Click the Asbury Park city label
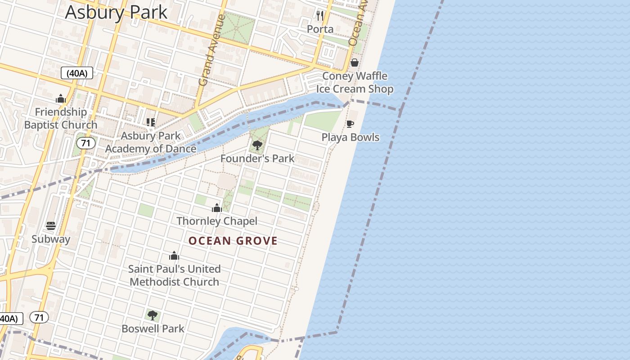(116, 12)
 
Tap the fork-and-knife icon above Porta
(320, 16)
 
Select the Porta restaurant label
(320, 29)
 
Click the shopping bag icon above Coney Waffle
(355, 63)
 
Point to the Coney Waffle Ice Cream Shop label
(355, 82)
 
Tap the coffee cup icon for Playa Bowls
(350, 124)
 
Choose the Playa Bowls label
(350, 137)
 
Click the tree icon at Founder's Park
(257, 145)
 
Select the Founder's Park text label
(257, 158)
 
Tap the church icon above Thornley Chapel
(217, 208)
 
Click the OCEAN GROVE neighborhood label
(233, 241)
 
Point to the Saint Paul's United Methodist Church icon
(174, 256)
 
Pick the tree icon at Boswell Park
(153, 315)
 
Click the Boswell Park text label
(153, 328)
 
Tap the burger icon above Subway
(51, 226)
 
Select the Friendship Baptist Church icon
(61, 99)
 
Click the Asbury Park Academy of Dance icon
(151, 122)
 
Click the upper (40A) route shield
(77, 73)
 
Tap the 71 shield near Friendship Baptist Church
(85, 144)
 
